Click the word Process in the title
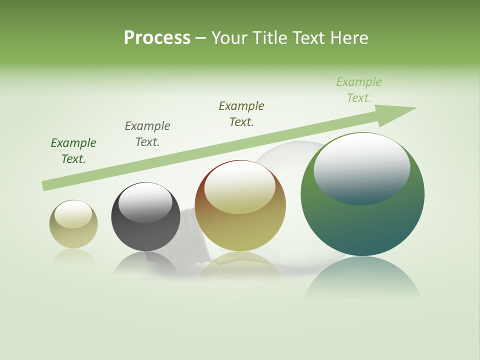pyautogui.click(x=157, y=37)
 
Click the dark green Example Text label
pyautogui.click(x=73, y=151)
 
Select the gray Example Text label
pyautogui.click(x=147, y=134)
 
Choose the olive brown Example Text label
pyautogui.click(x=241, y=114)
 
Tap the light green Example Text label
pyautogui.click(x=359, y=90)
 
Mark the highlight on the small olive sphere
pyautogui.click(x=73, y=214)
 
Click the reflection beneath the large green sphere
pyautogui.click(x=362, y=277)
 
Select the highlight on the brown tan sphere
pyautogui.click(x=240, y=186)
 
